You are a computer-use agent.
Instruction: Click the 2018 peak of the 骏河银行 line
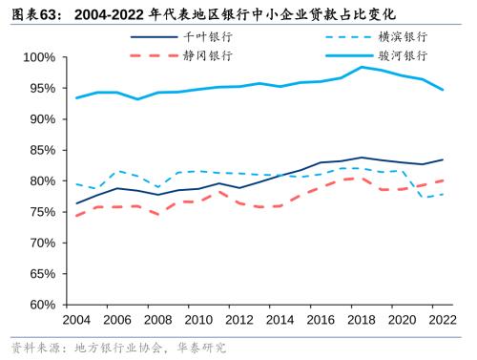click(x=361, y=67)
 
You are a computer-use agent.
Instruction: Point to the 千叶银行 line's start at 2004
click(x=77, y=203)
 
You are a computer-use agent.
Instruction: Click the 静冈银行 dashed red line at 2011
click(x=219, y=192)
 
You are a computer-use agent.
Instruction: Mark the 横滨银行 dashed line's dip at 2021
click(x=422, y=197)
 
